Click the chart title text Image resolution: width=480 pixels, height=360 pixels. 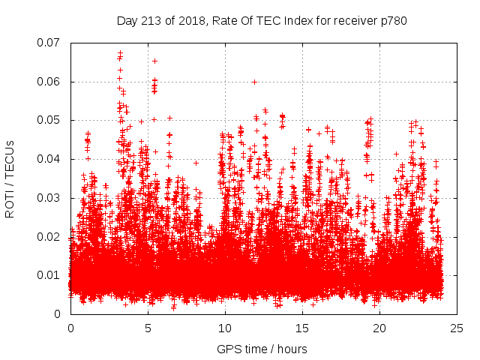coord(262,20)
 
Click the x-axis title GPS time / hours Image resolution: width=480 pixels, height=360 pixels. coord(262,349)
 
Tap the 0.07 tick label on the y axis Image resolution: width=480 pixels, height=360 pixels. coord(50,43)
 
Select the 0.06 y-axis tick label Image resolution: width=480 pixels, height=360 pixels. coord(50,82)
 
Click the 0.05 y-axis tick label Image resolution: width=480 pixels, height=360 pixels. coord(50,120)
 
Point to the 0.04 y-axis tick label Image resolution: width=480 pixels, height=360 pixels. coord(50,159)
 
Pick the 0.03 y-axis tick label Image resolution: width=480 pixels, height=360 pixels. coord(50,198)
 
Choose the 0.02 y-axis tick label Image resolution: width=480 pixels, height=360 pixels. coord(50,236)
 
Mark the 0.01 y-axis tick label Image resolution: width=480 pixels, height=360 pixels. coord(50,275)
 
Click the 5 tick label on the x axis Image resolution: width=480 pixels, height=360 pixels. coord(148,328)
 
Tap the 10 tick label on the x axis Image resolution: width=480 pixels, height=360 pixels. coord(225,328)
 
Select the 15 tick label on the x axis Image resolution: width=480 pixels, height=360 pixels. coord(302,328)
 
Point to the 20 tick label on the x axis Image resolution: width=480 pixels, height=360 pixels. coord(379,328)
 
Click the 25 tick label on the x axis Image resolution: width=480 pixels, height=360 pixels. coord(457,328)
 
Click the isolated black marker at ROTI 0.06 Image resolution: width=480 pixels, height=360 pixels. coord(254,82)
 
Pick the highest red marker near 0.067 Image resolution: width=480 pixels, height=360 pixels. coord(120,52)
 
